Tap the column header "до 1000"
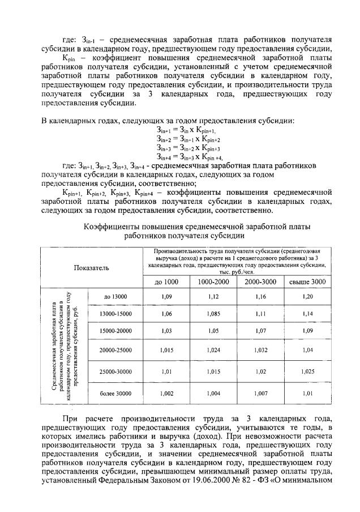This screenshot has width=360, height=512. pos(166,281)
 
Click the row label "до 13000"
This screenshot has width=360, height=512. pos(115,296)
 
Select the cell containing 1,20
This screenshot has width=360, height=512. pos(307,296)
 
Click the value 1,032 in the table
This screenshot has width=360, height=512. pos(260,351)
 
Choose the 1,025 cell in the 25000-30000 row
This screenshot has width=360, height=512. pos(307,372)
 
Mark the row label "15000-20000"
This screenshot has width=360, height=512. pos(115,331)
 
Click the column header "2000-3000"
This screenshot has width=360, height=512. pos(260,281)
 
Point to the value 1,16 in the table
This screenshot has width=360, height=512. pos(260,296)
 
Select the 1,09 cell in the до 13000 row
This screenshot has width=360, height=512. pos(166,296)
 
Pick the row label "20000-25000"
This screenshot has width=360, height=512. pos(115,351)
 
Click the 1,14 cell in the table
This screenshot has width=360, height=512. pos(307,313)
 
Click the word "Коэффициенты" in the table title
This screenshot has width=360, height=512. pos(113,227)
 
